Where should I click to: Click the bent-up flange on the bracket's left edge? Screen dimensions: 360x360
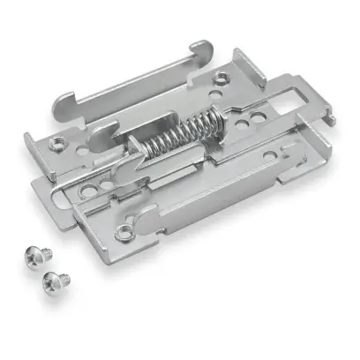pyautogui.click(x=35, y=146)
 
